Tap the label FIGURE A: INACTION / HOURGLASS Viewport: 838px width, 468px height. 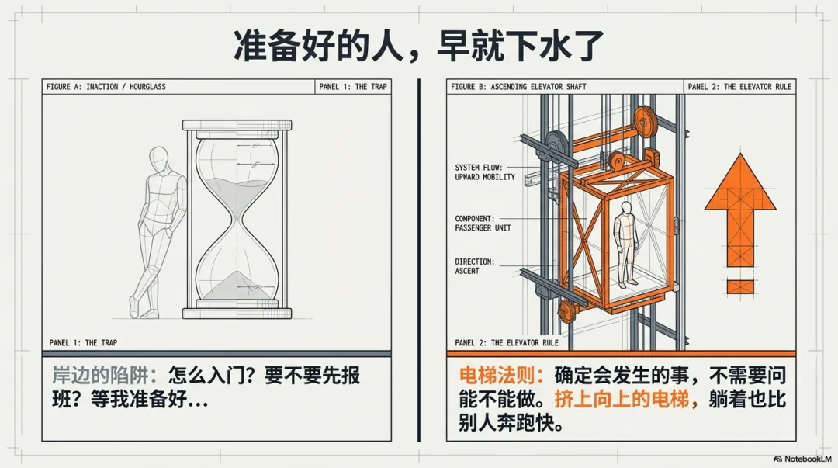coord(106,87)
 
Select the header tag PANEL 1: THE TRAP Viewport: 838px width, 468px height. coord(352,87)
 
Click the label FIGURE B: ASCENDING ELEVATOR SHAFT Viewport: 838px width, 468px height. coord(518,87)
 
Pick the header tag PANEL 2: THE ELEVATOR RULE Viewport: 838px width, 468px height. coord(739,87)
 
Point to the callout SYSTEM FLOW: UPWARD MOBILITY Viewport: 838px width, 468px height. coord(485,172)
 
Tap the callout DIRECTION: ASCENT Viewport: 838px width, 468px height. coord(474,266)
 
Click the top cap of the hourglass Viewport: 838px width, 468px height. coord(236,125)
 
